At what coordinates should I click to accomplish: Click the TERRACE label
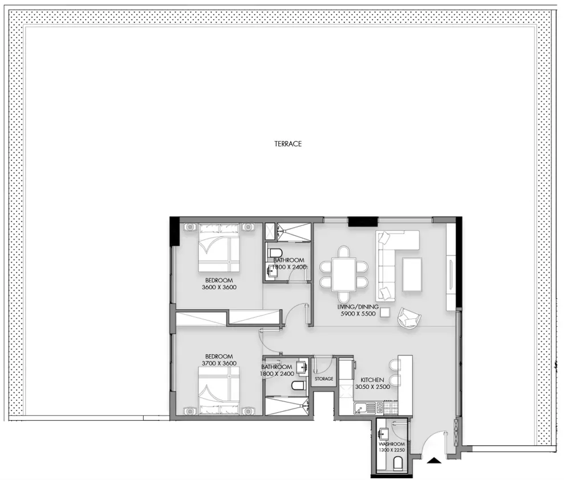click(x=288, y=144)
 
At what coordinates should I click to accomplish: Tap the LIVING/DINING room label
click(x=358, y=307)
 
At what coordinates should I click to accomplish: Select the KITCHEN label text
click(x=372, y=380)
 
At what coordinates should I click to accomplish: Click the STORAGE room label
click(x=324, y=379)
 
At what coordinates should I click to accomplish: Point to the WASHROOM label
click(x=392, y=444)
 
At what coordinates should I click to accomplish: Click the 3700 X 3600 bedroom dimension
click(x=219, y=363)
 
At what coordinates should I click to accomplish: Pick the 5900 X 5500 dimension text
click(x=358, y=314)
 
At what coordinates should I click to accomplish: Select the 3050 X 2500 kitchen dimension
click(x=372, y=387)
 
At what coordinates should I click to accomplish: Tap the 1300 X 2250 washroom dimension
click(x=392, y=450)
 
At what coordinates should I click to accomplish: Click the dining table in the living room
click(x=344, y=274)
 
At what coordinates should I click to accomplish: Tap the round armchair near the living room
click(x=409, y=317)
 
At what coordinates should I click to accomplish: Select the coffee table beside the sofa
click(x=412, y=274)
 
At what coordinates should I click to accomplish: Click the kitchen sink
click(x=364, y=408)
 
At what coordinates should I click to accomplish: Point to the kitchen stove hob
click(x=391, y=408)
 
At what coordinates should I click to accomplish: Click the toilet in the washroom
click(x=399, y=463)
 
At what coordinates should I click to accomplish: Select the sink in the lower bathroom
click(x=302, y=367)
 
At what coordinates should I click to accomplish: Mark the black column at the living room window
click(x=363, y=222)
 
